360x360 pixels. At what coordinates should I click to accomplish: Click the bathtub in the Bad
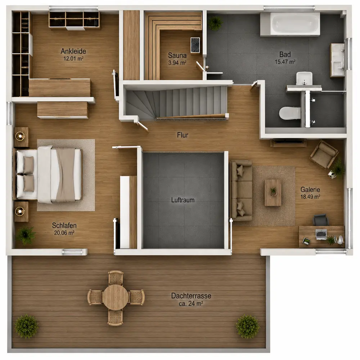click(x=290, y=24)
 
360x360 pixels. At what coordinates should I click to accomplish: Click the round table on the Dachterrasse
click(x=116, y=297)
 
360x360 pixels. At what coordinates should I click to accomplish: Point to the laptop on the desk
click(x=321, y=234)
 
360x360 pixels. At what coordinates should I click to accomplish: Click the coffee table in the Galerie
click(x=273, y=193)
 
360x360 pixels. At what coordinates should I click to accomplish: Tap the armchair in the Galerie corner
click(x=324, y=154)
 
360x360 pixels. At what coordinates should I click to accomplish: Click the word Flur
click(x=183, y=135)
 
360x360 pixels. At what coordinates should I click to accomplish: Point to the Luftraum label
click(x=183, y=200)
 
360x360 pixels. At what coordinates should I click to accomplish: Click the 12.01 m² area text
click(x=73, y=59)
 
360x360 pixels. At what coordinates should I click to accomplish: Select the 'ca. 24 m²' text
click(x=191, y=303)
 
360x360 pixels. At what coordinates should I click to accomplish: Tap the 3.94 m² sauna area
click(x=177, y=63)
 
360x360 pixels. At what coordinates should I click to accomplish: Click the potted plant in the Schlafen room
click(x=26, y=235)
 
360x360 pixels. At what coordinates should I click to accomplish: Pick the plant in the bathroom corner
click(x=216, y=23)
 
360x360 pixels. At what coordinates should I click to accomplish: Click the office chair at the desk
click(x=321, y=220)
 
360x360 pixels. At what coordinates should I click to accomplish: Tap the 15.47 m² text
click(x=285, y=62)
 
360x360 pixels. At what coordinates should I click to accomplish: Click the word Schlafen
click(x=64, y=225)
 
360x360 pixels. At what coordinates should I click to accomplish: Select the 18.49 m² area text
click(x=310, y=197)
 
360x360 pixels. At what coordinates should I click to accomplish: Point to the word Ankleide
click(x=73, y=51)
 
